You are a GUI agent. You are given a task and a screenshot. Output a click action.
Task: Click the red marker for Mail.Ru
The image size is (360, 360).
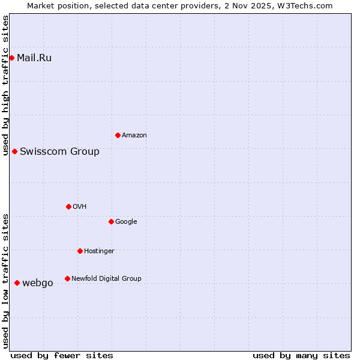[x=11, y=58]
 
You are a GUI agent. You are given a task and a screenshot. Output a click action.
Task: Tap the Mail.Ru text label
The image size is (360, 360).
[x=34, y=58]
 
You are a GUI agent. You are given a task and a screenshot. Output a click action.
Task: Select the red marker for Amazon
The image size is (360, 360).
[x=118, y=135]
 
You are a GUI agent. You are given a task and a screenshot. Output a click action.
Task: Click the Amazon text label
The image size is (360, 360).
[x=134, y=136]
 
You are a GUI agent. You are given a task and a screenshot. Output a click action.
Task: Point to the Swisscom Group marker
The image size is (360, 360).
[x=14, y=151]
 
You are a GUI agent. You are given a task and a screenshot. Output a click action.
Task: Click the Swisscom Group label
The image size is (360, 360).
[x=59, y=151]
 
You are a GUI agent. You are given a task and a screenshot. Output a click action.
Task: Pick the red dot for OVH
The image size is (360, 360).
[x=68, y=206]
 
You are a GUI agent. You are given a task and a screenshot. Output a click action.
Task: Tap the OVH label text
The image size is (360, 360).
[x=79, y=207]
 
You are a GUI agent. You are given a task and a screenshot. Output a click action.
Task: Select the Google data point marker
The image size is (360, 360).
[x=111, y=221]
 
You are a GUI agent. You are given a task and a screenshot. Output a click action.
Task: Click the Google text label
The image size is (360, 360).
[x=126, y=222]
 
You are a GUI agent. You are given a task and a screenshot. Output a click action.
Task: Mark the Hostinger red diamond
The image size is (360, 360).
[x=80, y=251]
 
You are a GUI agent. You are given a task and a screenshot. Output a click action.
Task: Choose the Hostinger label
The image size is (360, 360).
[x=99, y=251]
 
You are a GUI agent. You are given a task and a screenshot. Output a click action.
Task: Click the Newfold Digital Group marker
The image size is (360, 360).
[x=67, y=278]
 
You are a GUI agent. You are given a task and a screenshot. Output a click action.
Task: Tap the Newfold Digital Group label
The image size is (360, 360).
[x=106, y=279]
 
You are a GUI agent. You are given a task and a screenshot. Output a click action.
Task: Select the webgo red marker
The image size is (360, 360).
[x=17, y=283]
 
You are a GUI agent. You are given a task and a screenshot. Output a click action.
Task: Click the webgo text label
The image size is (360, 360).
[x=37, y=283]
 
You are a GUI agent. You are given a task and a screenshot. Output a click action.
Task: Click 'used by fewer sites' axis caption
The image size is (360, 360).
[x=62, y=355]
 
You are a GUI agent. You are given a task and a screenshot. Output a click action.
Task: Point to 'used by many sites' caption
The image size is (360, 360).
[x=301, y=355]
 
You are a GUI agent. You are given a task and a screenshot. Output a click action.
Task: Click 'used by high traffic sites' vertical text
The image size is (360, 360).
[x=5, y=85]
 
